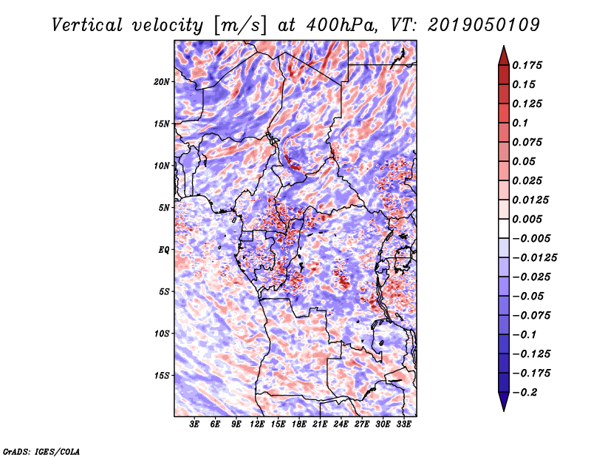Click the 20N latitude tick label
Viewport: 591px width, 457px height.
162,81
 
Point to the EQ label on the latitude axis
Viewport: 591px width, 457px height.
164,250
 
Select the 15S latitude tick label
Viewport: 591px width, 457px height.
162,376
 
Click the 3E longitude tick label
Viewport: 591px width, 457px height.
195,425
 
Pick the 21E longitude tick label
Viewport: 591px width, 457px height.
321,425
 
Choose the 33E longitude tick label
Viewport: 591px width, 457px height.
404,425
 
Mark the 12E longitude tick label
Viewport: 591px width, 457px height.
258,425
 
